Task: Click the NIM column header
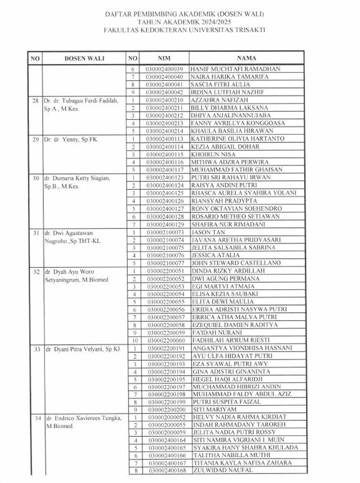click(x=164, y=57)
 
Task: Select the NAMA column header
click(x=246, y=57)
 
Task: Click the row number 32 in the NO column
click(x=35, y=271)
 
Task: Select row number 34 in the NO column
click(x=35, y=417)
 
